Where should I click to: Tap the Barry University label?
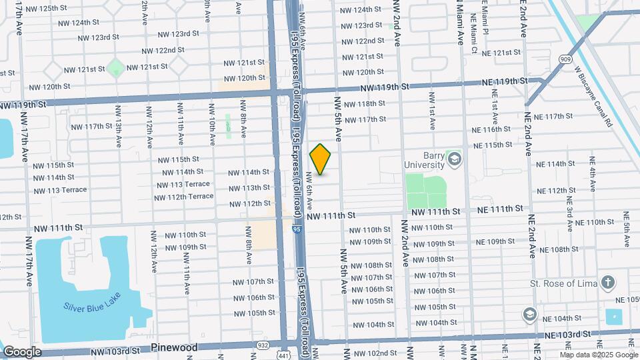pos(424,160)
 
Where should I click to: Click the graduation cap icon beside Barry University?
pos(455,159)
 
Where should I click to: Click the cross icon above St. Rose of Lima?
pos(607,283)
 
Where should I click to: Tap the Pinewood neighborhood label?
pos(174,347)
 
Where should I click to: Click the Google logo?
pos(21,351)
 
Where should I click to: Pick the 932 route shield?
pos(263,345)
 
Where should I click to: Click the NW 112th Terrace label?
pos(184,197)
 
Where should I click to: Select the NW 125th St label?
pos(59,9)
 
